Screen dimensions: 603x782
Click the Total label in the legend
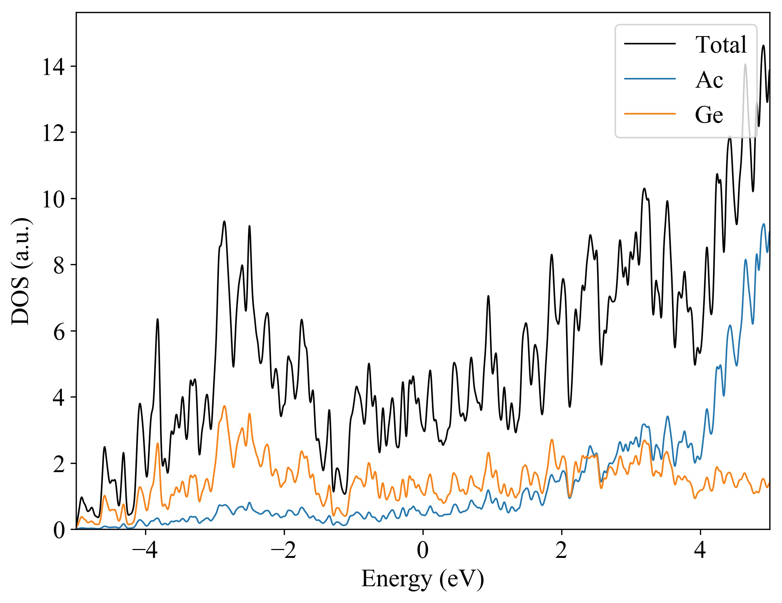(721, 45)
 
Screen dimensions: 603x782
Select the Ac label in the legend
(709, 80)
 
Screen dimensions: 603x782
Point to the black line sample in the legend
(650, 44)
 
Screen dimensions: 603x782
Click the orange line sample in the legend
(650, 113)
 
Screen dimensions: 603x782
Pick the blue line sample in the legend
(650, 79)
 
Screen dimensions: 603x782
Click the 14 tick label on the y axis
(53, 67)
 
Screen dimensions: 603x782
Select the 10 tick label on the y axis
(53, 200)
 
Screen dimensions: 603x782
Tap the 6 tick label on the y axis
(59, 332)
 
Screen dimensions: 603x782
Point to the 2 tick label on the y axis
(59, 464)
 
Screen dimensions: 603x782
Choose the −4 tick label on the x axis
(145, 550)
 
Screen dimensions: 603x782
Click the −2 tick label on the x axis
(284, 550)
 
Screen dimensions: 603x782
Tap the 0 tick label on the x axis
(423, 550)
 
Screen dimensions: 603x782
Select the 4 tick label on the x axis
(700, 550)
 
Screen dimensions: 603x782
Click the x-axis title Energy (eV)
(423, 579)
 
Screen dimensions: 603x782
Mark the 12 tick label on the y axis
(53, 134)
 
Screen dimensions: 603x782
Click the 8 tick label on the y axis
(59, 266)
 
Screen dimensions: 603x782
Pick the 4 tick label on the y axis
(59, 398)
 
